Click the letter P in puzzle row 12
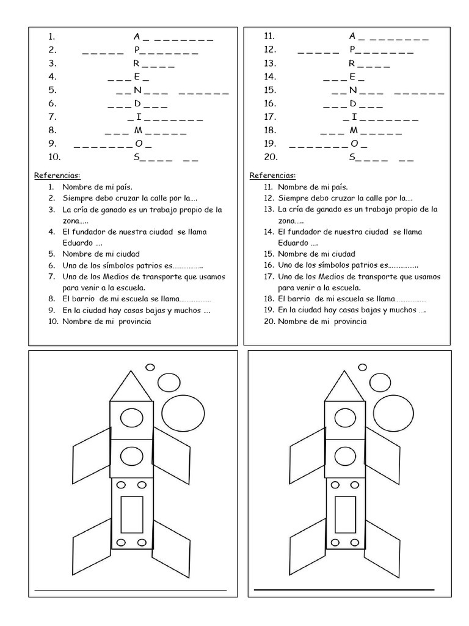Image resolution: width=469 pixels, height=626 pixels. click(x=353, y=50)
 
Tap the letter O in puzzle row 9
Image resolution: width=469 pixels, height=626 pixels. click(x=139, y=144)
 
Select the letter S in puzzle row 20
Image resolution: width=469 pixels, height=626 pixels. click(x=352, y=157)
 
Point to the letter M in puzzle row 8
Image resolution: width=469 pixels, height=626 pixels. click(x=139, y=130)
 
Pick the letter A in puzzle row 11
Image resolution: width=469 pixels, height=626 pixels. click(x=352, y=36)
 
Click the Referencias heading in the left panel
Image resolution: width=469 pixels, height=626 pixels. click(x=57, y=175)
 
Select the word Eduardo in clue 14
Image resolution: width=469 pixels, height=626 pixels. click(x=293, y=243)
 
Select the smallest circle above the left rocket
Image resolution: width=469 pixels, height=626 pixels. click(x=149, y=367)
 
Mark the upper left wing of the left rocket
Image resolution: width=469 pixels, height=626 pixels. click(x=92, y=454)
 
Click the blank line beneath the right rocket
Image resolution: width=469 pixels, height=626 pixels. click(x=344, y=589)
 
